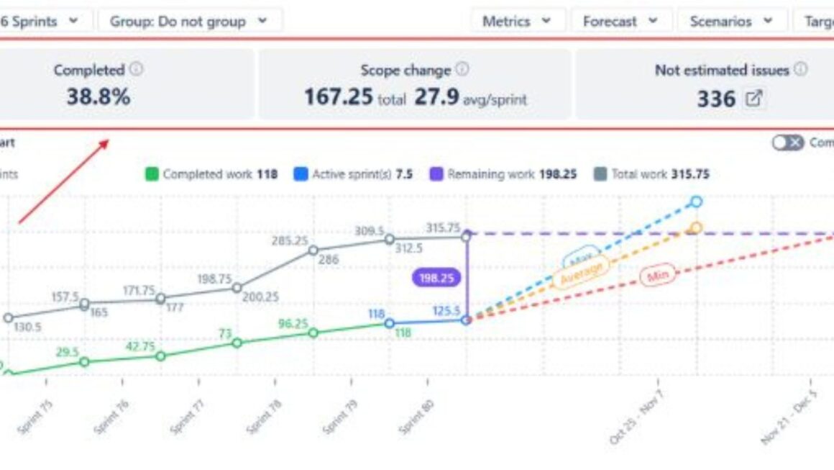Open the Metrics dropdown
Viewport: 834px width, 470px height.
coord(516,22)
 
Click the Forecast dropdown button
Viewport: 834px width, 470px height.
coord(620,22)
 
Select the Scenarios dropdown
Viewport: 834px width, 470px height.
coord(730,22)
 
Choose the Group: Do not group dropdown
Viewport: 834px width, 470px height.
coord(188,22)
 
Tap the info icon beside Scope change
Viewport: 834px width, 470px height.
coord(462,70)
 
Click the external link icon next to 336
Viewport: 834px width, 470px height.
coord(753,99)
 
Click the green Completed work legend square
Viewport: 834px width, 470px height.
coord(151,174)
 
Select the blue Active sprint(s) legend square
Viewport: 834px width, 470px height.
coord(301,174)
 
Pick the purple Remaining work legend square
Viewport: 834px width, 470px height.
coord(436,174)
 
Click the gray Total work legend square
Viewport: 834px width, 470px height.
coord(601,174)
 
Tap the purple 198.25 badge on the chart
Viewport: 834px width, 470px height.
coord(436,278)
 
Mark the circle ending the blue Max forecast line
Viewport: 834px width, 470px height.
coord(695,202)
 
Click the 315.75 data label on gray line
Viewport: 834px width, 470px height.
coord(442,228)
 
